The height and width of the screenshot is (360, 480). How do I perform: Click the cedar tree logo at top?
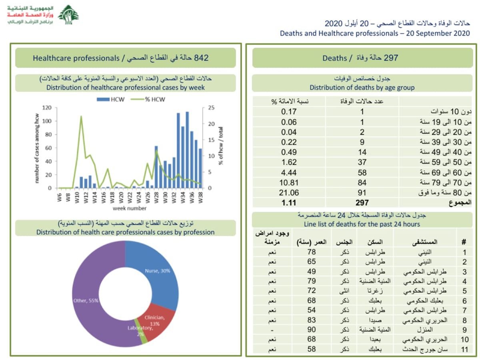click(x=68, y=15)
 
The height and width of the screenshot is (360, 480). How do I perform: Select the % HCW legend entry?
click(x=152, y=99)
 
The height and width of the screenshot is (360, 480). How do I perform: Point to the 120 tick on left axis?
click(x=47, y=108)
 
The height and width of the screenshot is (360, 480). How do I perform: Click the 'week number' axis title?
click(x=129, y=208)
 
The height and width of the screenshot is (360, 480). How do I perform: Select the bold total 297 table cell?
click(x=362, y=203)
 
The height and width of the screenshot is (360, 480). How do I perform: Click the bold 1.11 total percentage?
click(x=288, y=203)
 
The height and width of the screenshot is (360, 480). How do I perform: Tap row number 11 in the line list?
click(x=464, y=349)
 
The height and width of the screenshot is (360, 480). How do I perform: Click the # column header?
click(x=464, y=242)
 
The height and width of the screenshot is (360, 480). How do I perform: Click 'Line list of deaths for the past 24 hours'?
click(x=362, y=224)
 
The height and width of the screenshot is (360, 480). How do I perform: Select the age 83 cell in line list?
click(x=312, y=320)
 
